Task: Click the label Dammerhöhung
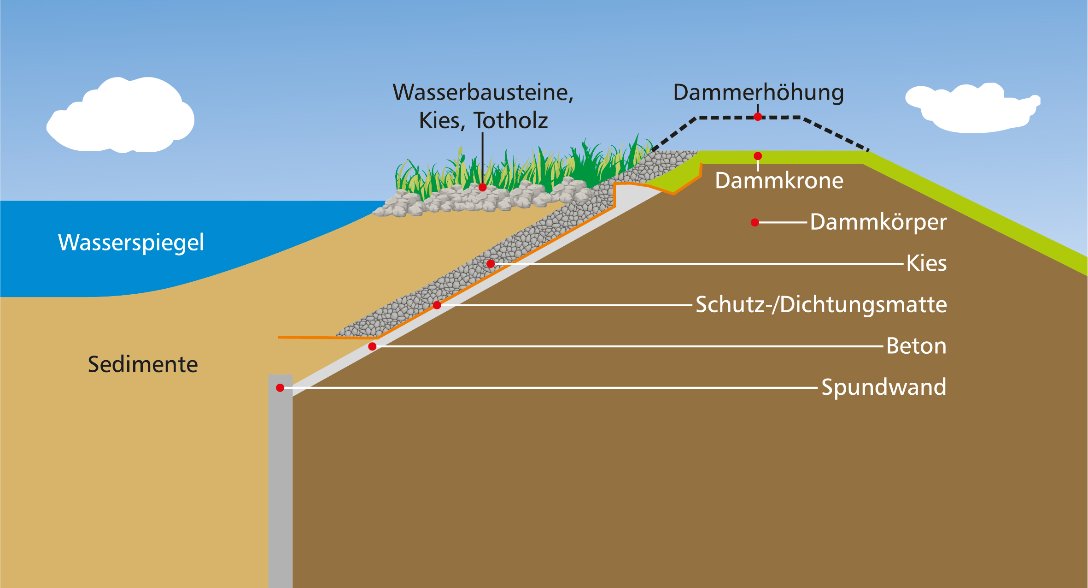point(758,93)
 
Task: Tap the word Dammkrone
point(779,180)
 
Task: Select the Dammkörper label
point(878,222)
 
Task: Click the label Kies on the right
point(926,263)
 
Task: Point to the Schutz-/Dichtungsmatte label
point(821,304)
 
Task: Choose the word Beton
point(916,346)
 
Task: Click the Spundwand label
point(883,387)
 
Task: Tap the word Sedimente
point(143,364)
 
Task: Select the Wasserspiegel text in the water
point(131,243)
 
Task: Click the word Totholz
point(510,121)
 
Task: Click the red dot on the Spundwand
point(280,388)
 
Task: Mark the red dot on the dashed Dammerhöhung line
point(758,117)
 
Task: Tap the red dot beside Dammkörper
point(755,223)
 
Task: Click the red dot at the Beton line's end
point(372,346)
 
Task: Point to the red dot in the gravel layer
point(491,264)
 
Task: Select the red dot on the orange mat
point(437,305)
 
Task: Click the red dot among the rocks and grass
point(483,187)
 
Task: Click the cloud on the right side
point(972,109)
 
